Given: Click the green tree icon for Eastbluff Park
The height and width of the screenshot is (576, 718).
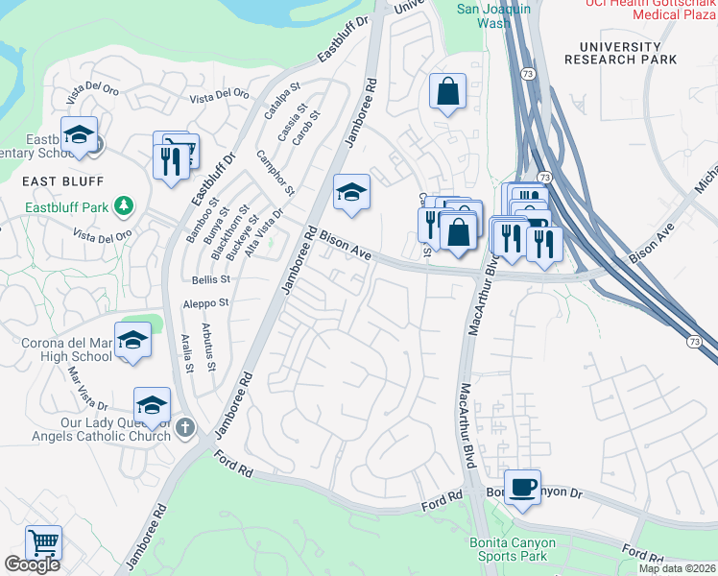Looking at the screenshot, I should [123, 205].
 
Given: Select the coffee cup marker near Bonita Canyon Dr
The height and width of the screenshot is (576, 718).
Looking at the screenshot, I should [522, 488].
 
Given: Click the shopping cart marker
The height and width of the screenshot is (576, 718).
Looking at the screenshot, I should [43, 543].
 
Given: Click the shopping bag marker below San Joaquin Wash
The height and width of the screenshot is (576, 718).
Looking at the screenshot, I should [446, 92].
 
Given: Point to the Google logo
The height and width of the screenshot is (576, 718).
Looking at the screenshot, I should [32, 564].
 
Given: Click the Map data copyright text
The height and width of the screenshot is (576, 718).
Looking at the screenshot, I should [677, 568].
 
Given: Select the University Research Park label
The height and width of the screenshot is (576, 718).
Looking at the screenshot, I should [620, 53].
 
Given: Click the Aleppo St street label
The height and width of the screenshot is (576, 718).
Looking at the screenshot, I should [205, 302].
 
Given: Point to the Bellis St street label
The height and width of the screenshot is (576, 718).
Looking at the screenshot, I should [211, 279].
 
